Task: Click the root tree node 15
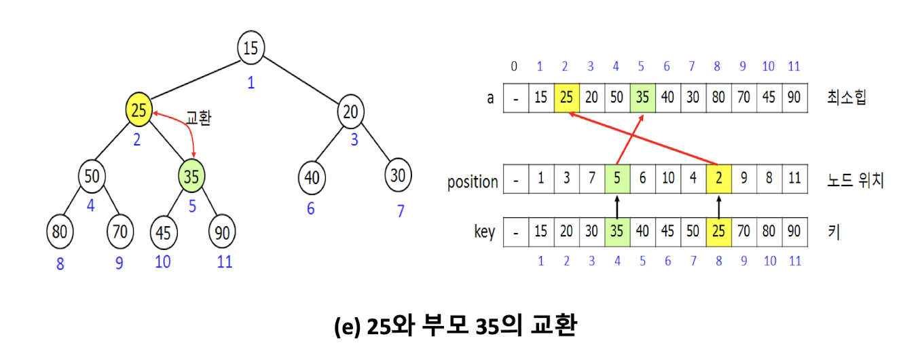click(x=251, y=48)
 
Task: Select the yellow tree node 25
click(x=139, y=109)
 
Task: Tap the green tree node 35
click(x=191, y=176)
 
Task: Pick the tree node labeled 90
click(x=222, y=232)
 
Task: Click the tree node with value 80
click(x=60, y=232)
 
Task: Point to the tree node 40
click(x=312, y=177)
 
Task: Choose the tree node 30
click(x=398, y=175)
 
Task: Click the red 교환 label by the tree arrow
click(x=198, y=118)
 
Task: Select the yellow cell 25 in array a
click(x=566, y=98)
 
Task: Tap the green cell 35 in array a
click(x=642, y=98)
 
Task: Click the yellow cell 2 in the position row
click(x=719, y=179)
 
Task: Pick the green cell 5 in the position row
click(x=617, y=179)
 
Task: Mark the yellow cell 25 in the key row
click(x=719, y=232)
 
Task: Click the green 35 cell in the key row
click(x=617, y=232)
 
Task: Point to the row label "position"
click(x=473, y=181)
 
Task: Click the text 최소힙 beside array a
click(x=847, y=98)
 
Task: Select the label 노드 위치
click(x=855, y=180)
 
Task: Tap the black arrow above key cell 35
click(x=617, y=206)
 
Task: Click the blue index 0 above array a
click(x=514, y=67)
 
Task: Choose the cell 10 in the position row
click(x=668, y=179)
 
